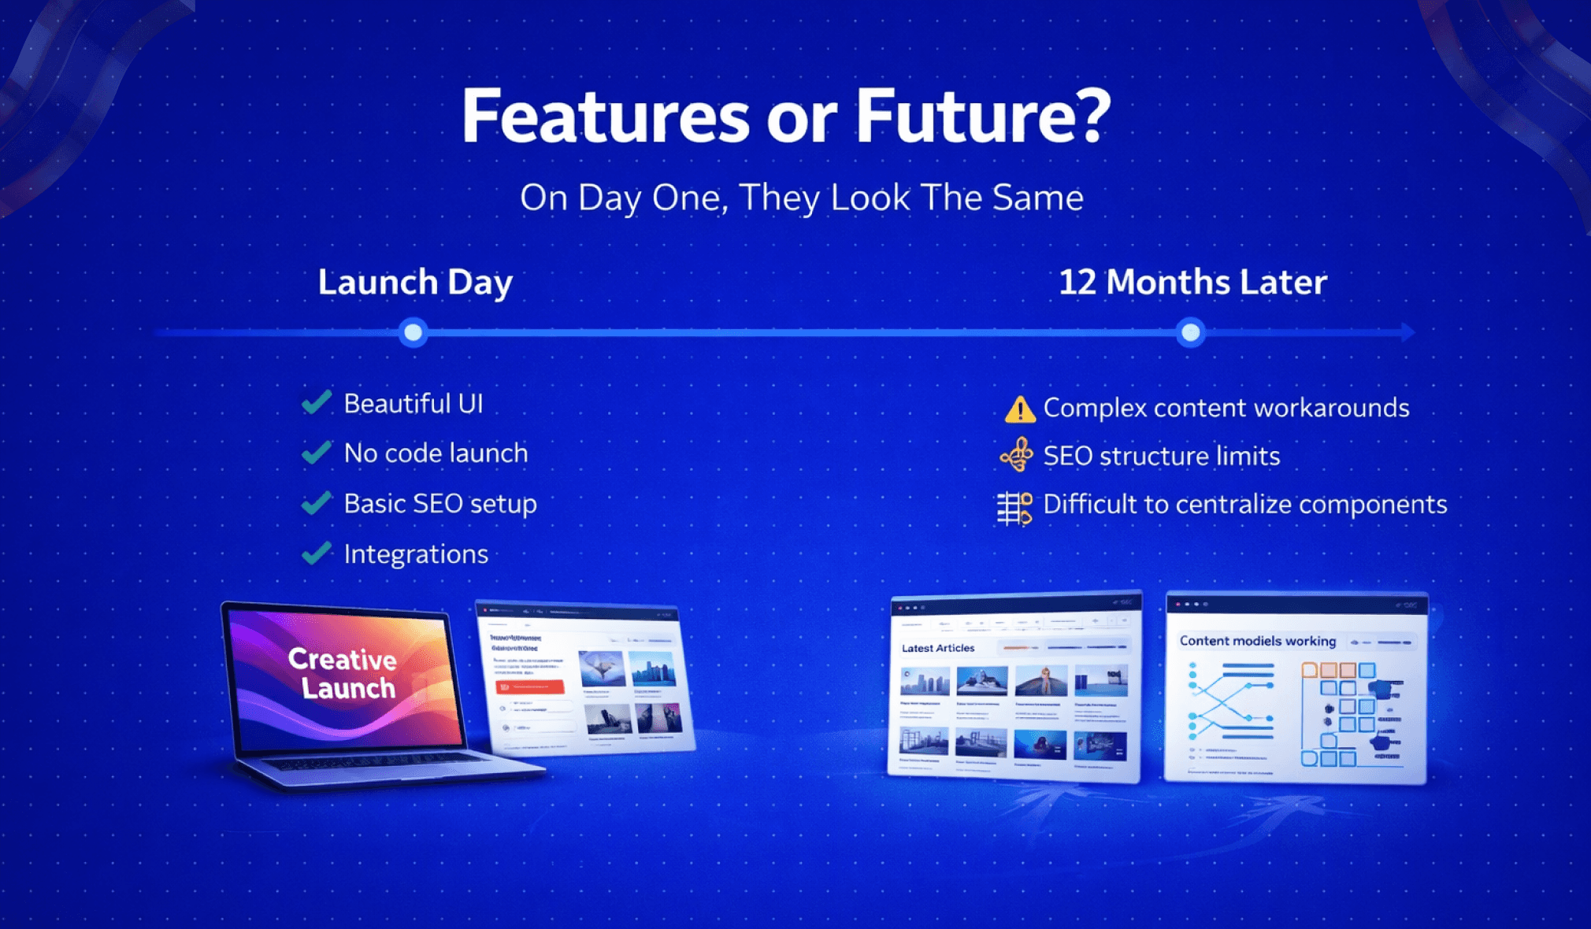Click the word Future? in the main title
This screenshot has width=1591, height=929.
(982, 117)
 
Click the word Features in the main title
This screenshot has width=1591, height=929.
(604, 117)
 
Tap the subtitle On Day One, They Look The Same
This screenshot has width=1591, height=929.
(801, 198)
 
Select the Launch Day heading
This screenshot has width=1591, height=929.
(415, 282)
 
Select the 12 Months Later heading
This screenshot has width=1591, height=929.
(1192, 282)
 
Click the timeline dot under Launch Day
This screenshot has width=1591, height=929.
(413, 332)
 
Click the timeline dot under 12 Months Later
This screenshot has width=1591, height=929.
(1190, 332)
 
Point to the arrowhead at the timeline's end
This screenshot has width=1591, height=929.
(1408, 332)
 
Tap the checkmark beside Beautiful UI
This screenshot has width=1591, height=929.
(317, 402)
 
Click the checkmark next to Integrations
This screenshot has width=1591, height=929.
(317, 553)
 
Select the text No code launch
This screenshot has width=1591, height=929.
(436, 453)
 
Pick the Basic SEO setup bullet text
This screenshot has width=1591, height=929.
(440, 504)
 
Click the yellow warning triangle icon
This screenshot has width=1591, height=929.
(1019, 409)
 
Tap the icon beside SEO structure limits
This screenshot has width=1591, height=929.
(1017, 455)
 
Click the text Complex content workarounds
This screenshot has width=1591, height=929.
(1226, 408)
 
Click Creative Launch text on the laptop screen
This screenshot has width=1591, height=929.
(343, 673)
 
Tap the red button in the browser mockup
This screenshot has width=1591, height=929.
(529, 687)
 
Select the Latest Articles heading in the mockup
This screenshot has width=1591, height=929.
(937, 648)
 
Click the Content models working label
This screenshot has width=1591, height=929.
(1257, 641)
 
